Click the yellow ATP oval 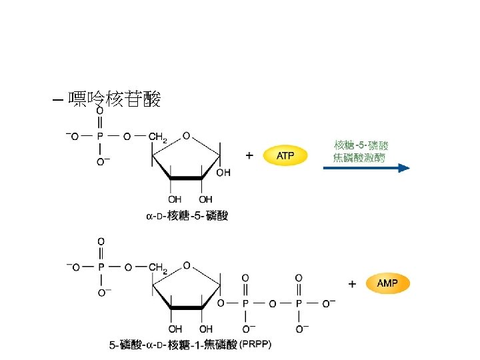click(x=285, y=156)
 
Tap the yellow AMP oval click(x=387, y=283)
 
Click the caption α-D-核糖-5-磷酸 click(x=187, y=215)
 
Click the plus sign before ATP click(x=250, y=155)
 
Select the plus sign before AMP click(x=352, y=283)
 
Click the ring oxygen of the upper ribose click(x=186, y=136)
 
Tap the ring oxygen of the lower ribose click(x=186, y=266)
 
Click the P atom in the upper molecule click(x=101, y=137)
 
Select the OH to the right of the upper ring click(x=224, y=172)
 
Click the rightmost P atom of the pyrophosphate click(x=298, y=303)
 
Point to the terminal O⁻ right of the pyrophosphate click(x=329, y=303)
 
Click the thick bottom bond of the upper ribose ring click(x=186, y=179)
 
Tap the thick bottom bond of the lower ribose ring click(x=186, y=309)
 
